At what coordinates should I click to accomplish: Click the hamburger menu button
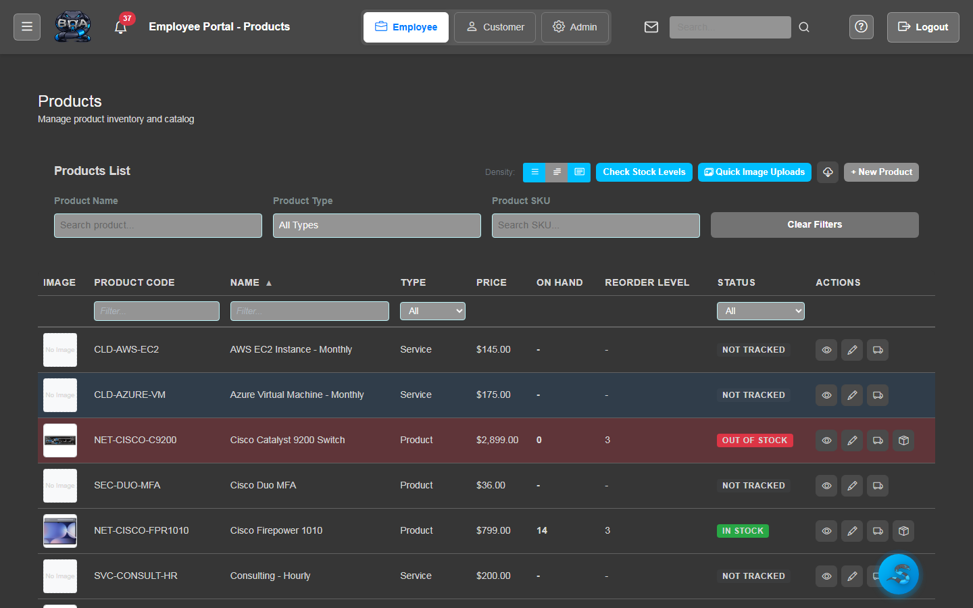pyautogui.click(x=27, y=27)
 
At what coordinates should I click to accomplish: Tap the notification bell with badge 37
pyautogui.click(x=121, y=27)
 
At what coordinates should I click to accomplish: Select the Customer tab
pyautogui.click(x=495, y=27)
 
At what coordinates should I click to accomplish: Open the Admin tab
pyautogui.click(x=575, y=27)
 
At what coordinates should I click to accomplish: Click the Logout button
pyautogui.click(x=923, y=27)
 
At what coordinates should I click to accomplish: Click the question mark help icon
pyautogui.click(x=861, y=27)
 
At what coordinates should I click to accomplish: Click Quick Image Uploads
pyautogui.click(x=754, y=172)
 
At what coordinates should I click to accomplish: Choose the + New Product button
pyautogui.click(x=881, y=172)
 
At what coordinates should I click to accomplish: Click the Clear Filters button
pyautogui.click(x=814, y=225)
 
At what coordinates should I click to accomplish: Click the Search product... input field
pyautogui.click(x=158, y=226)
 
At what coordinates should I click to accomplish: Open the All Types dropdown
pyautogui.click(x=377, y=226)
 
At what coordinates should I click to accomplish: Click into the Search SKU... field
pyautogui.click(x=596, y=226)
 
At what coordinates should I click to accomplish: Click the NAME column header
pyautogui.click(x=245, y=282)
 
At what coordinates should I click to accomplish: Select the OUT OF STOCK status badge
pyautogui.click(x=755, y=440)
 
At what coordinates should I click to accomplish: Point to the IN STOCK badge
pyautogui.click(x=743, y=531)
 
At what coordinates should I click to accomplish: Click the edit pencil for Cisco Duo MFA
pyautogui.click(x=852, y=486)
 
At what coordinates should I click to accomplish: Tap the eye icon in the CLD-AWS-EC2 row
pyautogui.click(x=826, y=350)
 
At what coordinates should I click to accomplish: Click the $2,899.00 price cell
pyautogui.click(x=497, y=440)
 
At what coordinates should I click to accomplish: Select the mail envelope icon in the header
pyautogui.click(x=651, y=27)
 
